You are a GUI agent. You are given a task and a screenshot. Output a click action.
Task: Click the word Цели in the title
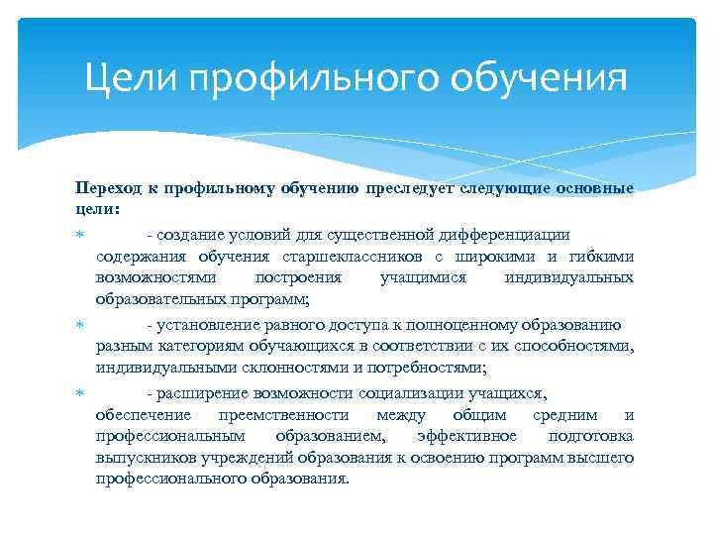[x=124, y=76]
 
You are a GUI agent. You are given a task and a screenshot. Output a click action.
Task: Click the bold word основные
[x=593, y=187]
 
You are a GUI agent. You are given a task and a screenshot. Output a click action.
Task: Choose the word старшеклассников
[x=330, y=257]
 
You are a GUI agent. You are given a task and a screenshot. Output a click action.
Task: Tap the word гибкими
[x=603, y=257]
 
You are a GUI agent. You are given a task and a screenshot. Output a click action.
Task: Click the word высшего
[x=607, y=458]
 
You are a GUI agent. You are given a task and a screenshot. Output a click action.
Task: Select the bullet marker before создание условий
[x=79, y=235]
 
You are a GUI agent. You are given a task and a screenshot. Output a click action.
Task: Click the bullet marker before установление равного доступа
[x=79, y=324]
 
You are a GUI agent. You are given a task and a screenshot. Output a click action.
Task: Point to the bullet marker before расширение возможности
[x=79, y=392]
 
